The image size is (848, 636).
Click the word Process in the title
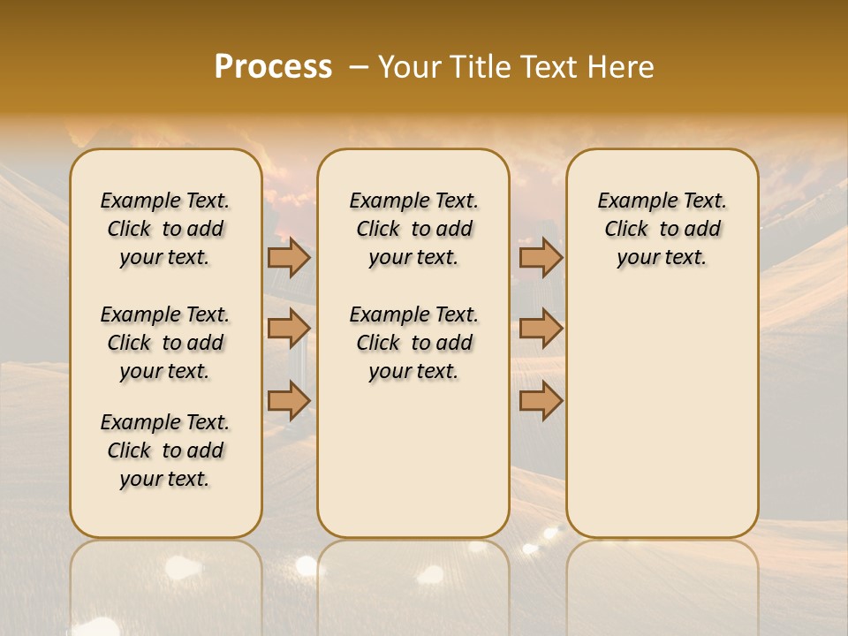273,67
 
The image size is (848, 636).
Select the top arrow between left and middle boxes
289,257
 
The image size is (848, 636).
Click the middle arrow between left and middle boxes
289,329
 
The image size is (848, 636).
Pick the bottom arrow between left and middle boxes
289,401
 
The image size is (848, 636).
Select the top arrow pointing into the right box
541,257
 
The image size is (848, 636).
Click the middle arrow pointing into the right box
541,329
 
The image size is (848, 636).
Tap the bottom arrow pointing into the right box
541,401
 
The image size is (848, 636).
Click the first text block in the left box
165,229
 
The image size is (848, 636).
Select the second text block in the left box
165,343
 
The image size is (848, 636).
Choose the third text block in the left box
165,450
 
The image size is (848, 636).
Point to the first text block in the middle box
413,229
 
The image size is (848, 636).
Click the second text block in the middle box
413,343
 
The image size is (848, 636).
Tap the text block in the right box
662,229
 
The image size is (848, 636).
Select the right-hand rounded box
662,397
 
